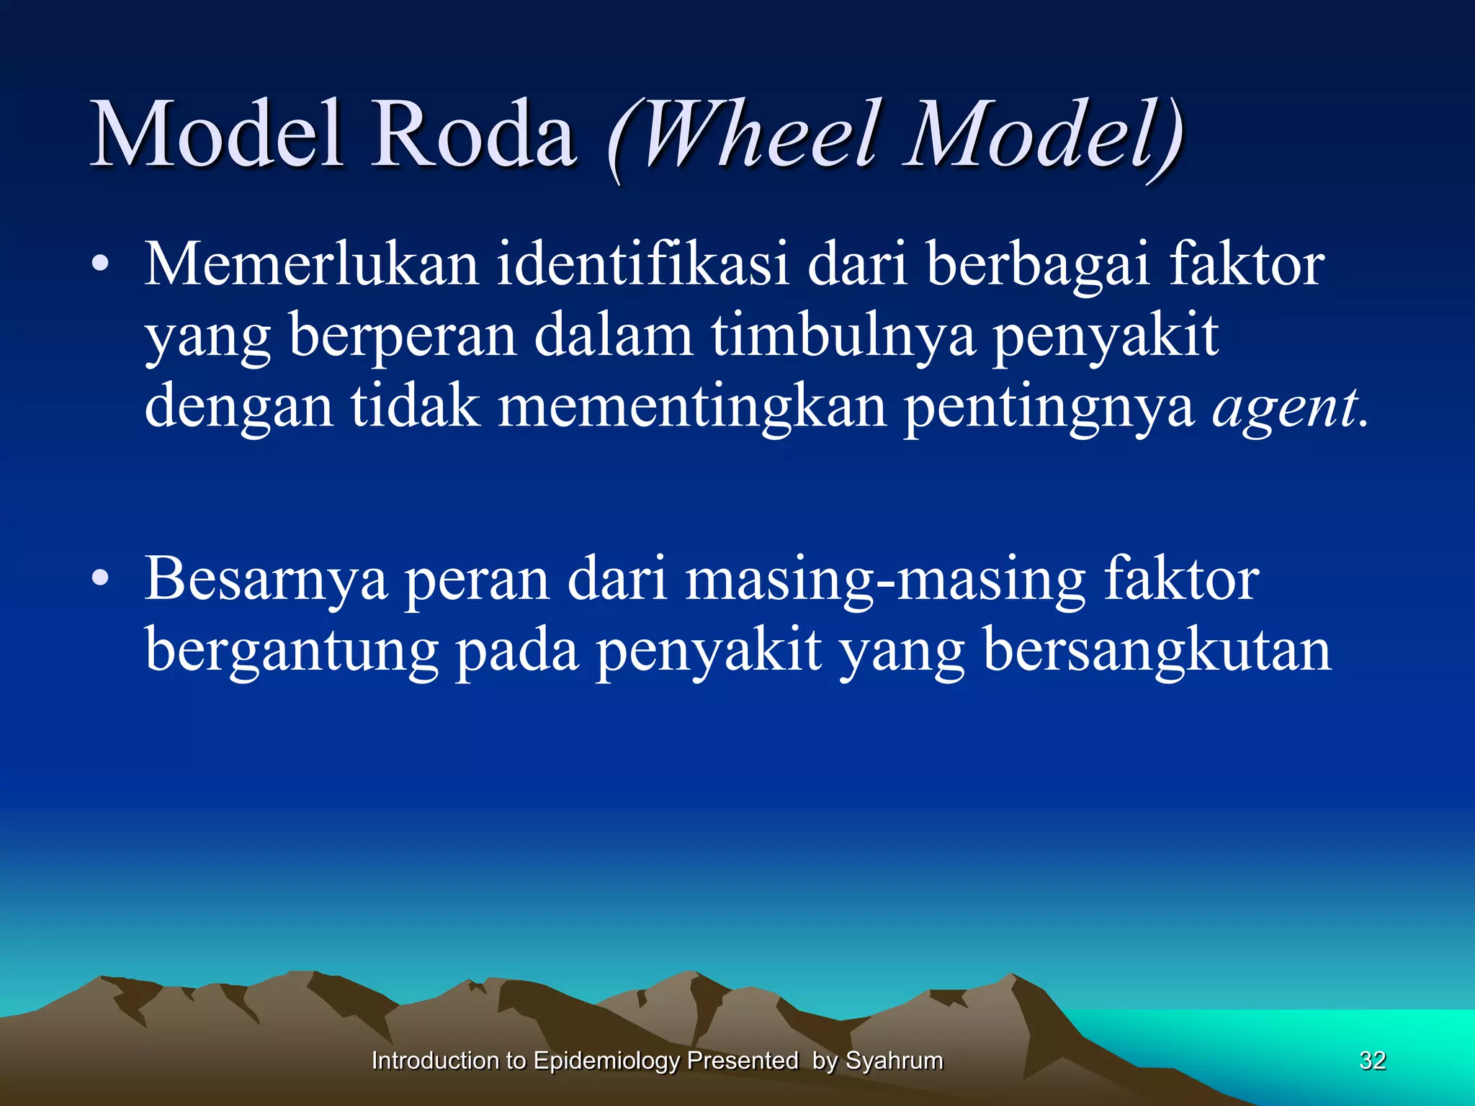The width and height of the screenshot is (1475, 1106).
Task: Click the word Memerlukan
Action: point(312,265)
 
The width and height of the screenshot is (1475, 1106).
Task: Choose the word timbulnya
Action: point(843,337)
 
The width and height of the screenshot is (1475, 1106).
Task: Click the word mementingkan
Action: point(691,408)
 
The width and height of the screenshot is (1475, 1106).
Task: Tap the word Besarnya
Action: point(266,580)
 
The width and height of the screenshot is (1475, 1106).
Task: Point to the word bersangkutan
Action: point(1157,651)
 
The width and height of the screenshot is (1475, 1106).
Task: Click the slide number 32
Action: point(1372,1061)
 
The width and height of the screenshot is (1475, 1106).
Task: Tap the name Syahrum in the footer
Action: point(894,1061)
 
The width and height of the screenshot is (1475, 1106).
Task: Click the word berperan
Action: point(402,337)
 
